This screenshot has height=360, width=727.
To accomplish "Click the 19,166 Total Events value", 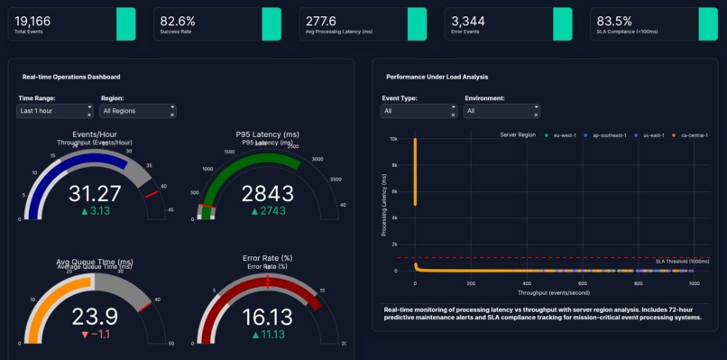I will point(33,20).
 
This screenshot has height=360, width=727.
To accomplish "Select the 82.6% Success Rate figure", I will point(178,20).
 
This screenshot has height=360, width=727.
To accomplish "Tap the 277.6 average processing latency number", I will point(322,20).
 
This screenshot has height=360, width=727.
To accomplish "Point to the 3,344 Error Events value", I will point(468,20).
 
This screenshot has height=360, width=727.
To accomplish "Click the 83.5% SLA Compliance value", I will point(613,20).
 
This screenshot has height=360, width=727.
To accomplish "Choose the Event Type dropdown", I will point(418,111).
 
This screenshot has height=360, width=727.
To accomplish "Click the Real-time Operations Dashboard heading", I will point(71,78).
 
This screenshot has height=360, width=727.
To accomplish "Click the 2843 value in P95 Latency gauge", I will point(268,193).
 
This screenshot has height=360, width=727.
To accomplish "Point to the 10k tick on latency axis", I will point(393,139).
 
